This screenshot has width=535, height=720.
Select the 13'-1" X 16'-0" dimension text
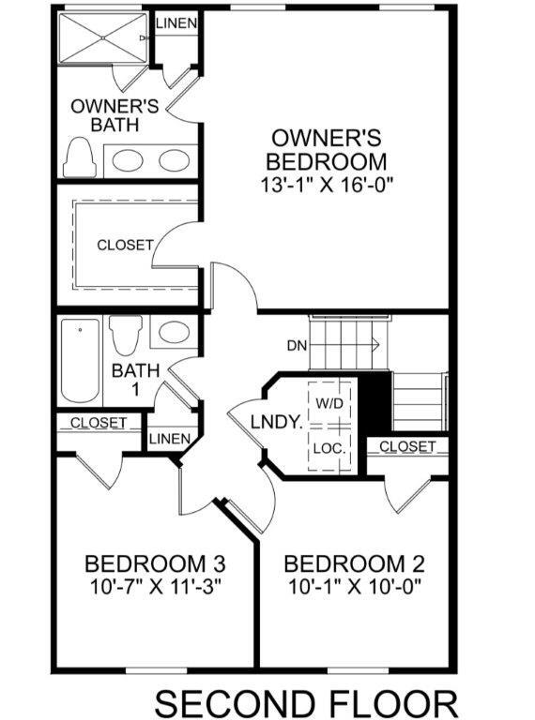point(326,185)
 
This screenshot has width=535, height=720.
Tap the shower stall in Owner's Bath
point(101,38)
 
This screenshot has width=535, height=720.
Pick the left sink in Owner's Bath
point(129,160)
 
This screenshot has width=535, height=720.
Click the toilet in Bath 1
point(125,334)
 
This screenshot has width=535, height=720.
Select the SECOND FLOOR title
point(306,700)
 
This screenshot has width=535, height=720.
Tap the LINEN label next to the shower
point(176,23)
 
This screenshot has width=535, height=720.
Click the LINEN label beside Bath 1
point(170,439)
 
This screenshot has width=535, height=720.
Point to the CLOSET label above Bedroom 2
point(407,446)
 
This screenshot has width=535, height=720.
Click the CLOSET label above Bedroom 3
point(99,423)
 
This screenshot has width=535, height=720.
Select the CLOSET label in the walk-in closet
point(125,245)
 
